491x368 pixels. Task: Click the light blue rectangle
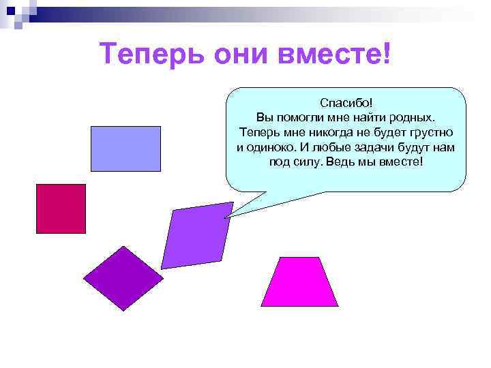pyautogui.click(x=125, y=148)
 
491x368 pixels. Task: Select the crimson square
pyautogui.click(x=61, y=209)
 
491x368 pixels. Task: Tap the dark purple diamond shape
pyautogui.click(x=123, y=278)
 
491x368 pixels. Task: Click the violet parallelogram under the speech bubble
pyautogui.click(x=197, y=235)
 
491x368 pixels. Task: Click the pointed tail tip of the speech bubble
pyautogui.click(x=226, y=217)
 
